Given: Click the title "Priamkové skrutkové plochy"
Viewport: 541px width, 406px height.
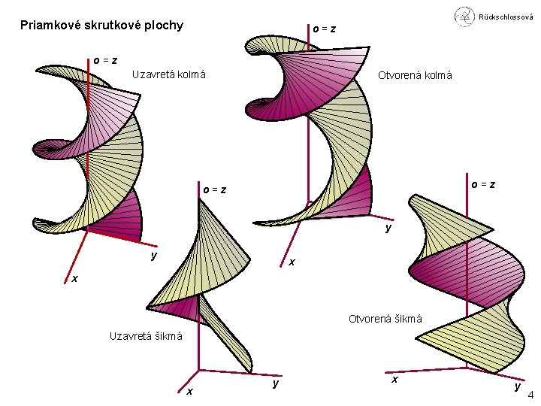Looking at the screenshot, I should click(101, 26).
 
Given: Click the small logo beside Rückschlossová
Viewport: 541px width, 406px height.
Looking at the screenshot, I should click(464, 15).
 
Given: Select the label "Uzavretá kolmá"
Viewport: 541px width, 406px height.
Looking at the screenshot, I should click(168, 74).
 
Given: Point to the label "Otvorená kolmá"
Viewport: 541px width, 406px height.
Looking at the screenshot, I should click(415, 75).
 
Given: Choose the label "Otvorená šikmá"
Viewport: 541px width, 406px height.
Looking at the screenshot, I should click(385, 319).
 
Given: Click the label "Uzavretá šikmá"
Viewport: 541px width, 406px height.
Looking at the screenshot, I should click(146, 336).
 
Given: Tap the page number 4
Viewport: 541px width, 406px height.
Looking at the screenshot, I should click(531, 396).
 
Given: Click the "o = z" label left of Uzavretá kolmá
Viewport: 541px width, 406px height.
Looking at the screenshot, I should click(104, 60).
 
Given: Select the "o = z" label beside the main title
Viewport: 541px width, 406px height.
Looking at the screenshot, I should click(324, 29).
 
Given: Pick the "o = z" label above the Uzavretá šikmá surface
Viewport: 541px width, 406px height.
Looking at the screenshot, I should click(214, 189).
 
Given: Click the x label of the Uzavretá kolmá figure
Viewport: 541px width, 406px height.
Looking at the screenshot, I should click(74, 279).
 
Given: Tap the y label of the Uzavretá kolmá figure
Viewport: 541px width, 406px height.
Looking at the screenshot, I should click(153, 256).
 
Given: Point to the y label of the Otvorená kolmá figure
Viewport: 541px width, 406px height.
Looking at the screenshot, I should click(388, 227).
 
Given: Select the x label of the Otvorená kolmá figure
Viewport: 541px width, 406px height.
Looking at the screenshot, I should click(292, 262).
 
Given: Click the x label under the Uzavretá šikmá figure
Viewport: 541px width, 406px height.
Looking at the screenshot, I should click(189, 391).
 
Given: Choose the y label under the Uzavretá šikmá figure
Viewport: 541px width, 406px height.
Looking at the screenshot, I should click(276, 383).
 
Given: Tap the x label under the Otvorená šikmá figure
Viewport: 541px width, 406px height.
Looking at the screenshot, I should click(394, 380).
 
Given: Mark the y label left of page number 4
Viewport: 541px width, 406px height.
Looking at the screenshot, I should click(517, 386).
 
